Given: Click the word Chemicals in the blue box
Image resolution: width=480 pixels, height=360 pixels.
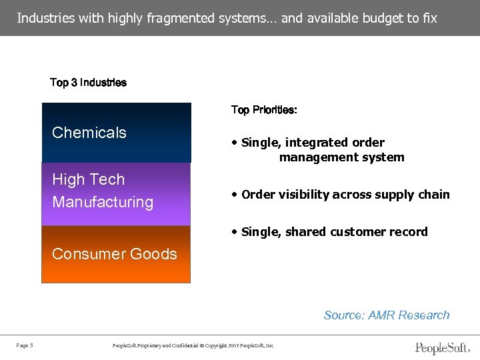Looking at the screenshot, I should (89, 133).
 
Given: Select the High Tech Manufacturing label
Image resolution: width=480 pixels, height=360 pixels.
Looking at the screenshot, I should (102, 191).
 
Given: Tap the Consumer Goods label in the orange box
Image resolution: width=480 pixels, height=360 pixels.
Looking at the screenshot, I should (114, 254).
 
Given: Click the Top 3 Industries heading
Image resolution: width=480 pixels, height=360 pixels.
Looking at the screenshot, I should (88, 83).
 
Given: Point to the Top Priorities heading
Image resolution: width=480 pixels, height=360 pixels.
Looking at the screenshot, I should (264, 110).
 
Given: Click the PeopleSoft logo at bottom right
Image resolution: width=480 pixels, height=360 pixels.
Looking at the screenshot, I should (443, 347).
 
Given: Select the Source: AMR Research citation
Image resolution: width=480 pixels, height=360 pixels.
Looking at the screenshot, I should (386, 315).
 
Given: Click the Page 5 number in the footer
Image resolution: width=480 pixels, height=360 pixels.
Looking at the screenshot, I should (25, 345).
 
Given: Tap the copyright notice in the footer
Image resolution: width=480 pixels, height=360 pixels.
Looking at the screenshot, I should (193, 345).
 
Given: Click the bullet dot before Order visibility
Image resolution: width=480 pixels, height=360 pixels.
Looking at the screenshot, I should (235, 195).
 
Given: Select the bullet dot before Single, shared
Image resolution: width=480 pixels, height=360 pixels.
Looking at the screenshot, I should (235, 232).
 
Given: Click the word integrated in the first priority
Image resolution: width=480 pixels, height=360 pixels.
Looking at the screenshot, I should (317, 143).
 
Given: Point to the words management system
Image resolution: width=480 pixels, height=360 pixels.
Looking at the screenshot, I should (341, 157).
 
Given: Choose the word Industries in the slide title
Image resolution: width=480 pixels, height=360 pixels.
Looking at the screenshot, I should (45, 18).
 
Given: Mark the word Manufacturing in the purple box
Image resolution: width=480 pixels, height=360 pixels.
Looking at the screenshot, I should (103, 202).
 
